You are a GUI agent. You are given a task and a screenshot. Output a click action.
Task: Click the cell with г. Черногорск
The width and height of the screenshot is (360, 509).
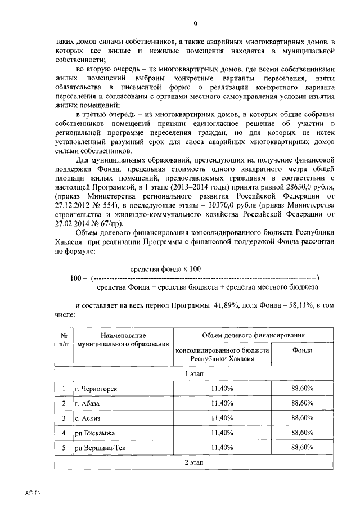(x=96, y=389)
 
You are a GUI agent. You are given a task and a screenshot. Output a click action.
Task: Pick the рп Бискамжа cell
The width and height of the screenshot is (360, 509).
(x=95, y=433)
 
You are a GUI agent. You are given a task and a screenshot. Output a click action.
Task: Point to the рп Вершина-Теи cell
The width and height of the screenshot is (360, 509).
(x=101, y=447)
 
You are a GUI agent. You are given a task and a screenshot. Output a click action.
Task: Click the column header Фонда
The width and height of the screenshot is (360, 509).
(x=302, y=350)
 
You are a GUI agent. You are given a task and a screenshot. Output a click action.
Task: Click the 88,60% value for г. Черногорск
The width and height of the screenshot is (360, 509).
(x=302, y=389)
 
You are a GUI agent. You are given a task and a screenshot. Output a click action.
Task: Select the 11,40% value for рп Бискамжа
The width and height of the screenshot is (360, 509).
(x=222, y=433)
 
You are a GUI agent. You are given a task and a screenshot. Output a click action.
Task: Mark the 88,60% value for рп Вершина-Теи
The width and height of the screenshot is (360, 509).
(x=302, y=447)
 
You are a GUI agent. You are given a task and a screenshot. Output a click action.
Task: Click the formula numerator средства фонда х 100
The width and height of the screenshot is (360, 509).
(x=165, y=269)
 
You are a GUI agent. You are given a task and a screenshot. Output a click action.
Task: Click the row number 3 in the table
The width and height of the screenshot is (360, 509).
(x=64, y=418)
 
